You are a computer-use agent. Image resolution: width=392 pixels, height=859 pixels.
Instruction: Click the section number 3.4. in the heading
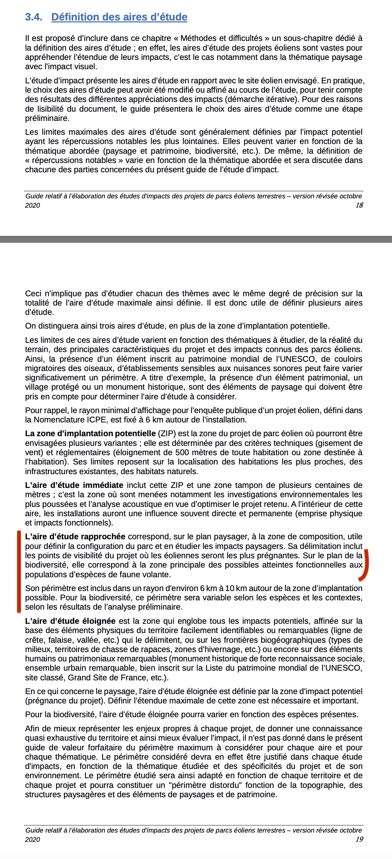tap(33, 17)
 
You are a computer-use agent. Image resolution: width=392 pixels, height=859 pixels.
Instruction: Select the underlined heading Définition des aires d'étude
tap(119, 17)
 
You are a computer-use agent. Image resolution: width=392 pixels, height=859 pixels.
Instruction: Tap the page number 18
tap(359, 205)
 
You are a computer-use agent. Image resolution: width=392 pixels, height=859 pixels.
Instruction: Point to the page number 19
tap(359, 839)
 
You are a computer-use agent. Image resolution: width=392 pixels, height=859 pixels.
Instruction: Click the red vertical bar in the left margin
tap(19, 571)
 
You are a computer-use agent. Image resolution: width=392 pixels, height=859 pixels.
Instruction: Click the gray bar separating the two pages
tap(196, 239)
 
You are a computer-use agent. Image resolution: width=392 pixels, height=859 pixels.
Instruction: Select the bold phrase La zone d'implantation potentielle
tap(90, 434)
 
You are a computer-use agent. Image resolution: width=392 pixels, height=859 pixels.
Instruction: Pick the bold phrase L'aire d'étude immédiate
tap(74, 485)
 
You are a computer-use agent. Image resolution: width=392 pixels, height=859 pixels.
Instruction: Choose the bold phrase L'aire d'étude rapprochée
tap(75, 537)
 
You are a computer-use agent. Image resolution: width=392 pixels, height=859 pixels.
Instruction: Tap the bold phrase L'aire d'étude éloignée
tap(70, 621)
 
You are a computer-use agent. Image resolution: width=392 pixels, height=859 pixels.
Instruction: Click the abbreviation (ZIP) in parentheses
tap(166, 434)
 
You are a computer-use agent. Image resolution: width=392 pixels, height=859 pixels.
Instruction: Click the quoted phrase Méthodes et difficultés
tap(222, 38)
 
